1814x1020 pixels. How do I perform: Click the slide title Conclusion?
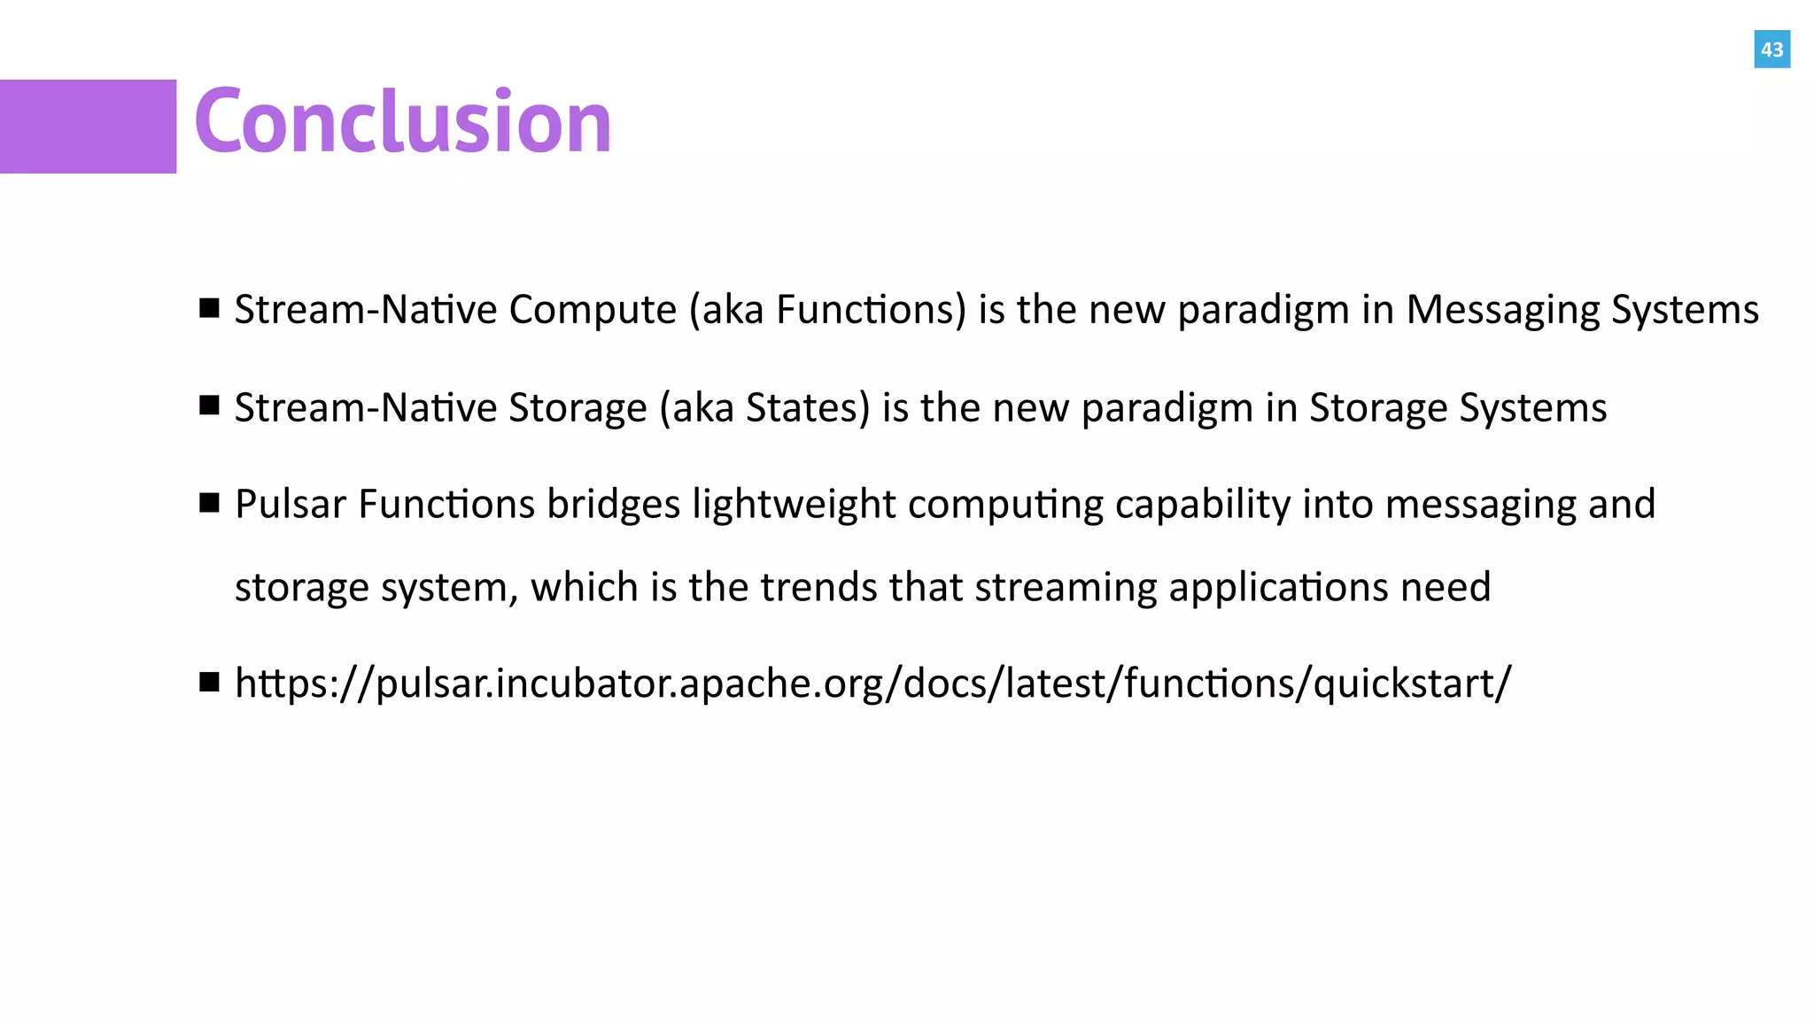click(403, 122)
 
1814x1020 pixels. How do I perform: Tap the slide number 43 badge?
click(1771, 50)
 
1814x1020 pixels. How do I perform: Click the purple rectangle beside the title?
click(88, 127)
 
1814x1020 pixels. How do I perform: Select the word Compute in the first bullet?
click(593, 311)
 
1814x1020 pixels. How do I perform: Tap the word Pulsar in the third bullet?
click(291, 505)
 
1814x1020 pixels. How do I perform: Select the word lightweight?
click(794, 505)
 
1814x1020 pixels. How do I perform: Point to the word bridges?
click(613, 505)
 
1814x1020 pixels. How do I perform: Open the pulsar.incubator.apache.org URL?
click(872, 684)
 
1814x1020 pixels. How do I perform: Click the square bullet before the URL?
click(210, 682)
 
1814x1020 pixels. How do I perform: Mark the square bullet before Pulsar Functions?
click(210, 503)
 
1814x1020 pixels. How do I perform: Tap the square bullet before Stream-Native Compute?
click(210, 308)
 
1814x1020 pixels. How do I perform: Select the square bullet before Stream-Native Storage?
click(210, 406)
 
